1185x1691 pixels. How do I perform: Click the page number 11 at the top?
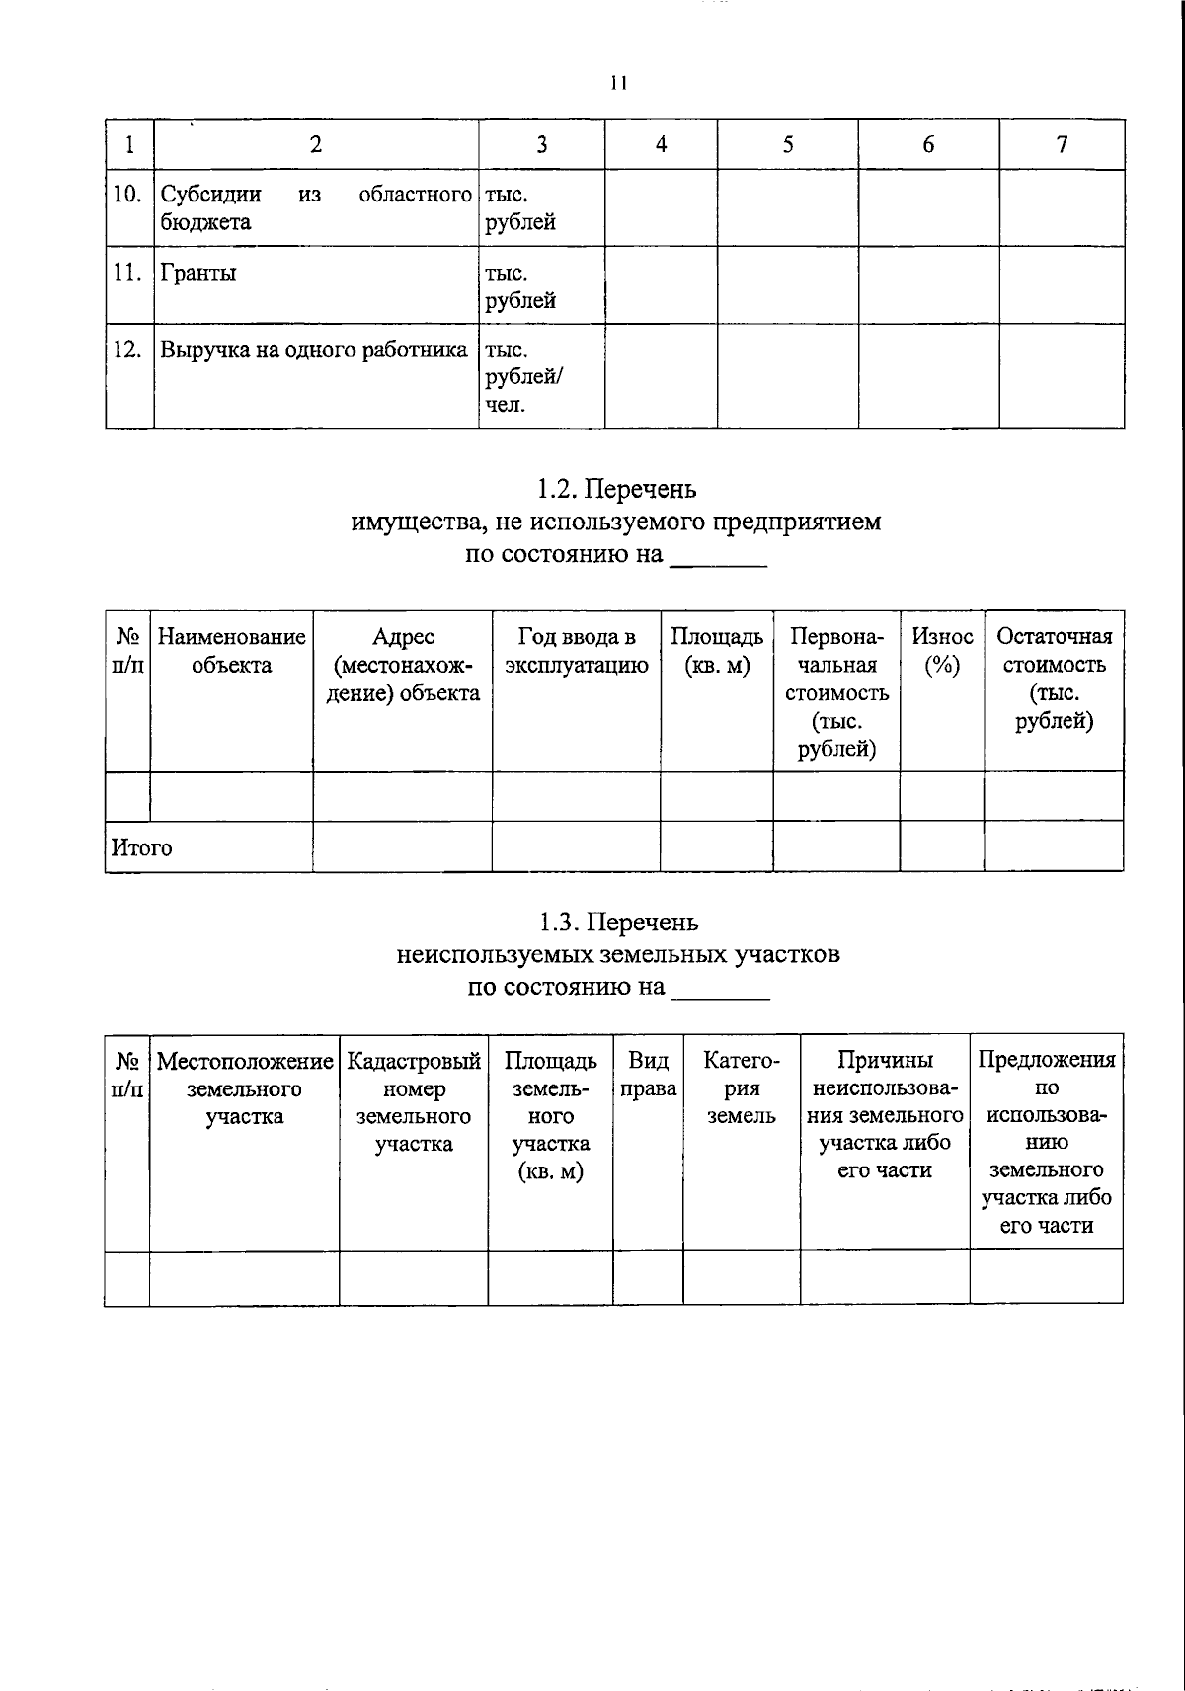point(618,83)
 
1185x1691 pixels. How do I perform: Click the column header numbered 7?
point(1062,145)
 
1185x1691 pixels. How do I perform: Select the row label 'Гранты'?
point(198,274)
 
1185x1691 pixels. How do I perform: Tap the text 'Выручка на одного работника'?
point(313,350)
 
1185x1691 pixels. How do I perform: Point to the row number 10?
point(127,195)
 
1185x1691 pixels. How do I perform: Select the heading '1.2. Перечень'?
point(616,489)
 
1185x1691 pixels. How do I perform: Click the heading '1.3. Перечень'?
point(618,923)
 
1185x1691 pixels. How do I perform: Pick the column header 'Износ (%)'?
point(942,651)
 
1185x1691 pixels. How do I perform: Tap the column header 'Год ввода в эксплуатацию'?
point(576,651)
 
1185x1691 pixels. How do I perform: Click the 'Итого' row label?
point(141,848)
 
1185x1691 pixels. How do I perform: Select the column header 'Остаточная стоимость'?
point(1054,679)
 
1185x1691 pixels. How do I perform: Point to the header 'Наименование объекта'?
point(232,651)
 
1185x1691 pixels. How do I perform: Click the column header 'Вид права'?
point(648,1075)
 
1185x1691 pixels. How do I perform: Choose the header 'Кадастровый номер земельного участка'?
point(414,1102)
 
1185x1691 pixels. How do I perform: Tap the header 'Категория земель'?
point(741,1088)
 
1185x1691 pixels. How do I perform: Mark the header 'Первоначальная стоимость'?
point(836,692)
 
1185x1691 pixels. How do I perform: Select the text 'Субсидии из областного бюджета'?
point(315,207)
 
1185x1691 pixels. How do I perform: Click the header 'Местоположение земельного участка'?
point(244,1088)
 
